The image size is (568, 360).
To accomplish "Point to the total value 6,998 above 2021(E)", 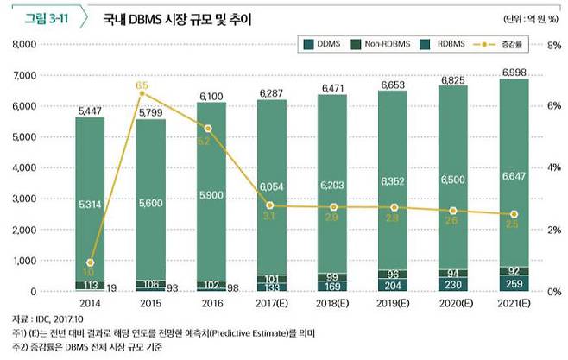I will pos(514,71).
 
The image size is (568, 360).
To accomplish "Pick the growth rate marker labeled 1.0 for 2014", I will pos(90,262).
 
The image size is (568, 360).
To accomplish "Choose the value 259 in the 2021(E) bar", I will pos(514,284).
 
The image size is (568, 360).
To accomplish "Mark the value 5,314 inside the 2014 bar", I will pos(91,204).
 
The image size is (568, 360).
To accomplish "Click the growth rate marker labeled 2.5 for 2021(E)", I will pos(514,214).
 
